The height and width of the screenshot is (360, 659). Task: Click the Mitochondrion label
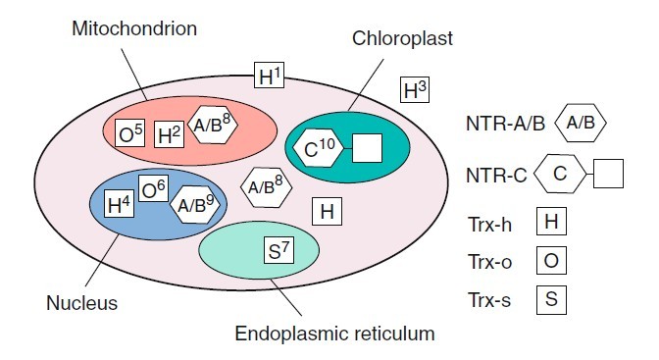(134, 29)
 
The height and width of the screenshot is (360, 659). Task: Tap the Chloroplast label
(402, 38)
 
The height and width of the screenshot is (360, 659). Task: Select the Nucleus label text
(82, 303)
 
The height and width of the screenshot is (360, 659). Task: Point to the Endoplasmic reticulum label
(335, 334)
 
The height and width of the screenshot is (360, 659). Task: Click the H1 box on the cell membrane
(270, 75)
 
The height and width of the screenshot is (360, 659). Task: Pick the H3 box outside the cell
(415, 89)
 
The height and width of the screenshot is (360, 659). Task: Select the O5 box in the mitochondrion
(130, 133)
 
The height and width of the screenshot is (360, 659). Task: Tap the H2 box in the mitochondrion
(169, 134)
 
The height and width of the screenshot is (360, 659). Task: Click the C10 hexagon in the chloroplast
(318, 148)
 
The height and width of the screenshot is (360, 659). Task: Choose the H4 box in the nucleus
(119, 204)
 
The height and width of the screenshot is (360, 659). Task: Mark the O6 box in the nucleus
(153, 188)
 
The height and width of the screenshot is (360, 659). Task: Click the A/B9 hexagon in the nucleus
(196, 205)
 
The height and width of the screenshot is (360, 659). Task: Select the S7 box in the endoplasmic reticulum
(279, 250)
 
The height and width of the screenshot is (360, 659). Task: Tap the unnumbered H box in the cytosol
(327, 211)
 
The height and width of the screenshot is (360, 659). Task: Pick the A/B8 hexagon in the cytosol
(267, 187)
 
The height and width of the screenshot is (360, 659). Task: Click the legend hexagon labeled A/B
(581, 123)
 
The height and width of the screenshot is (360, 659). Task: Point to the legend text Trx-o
(489, 262)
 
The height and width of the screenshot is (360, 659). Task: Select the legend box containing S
(551, 300)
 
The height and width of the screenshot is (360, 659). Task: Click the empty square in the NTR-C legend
(608, 174)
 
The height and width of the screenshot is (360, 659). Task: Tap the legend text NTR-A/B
(506, 124)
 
